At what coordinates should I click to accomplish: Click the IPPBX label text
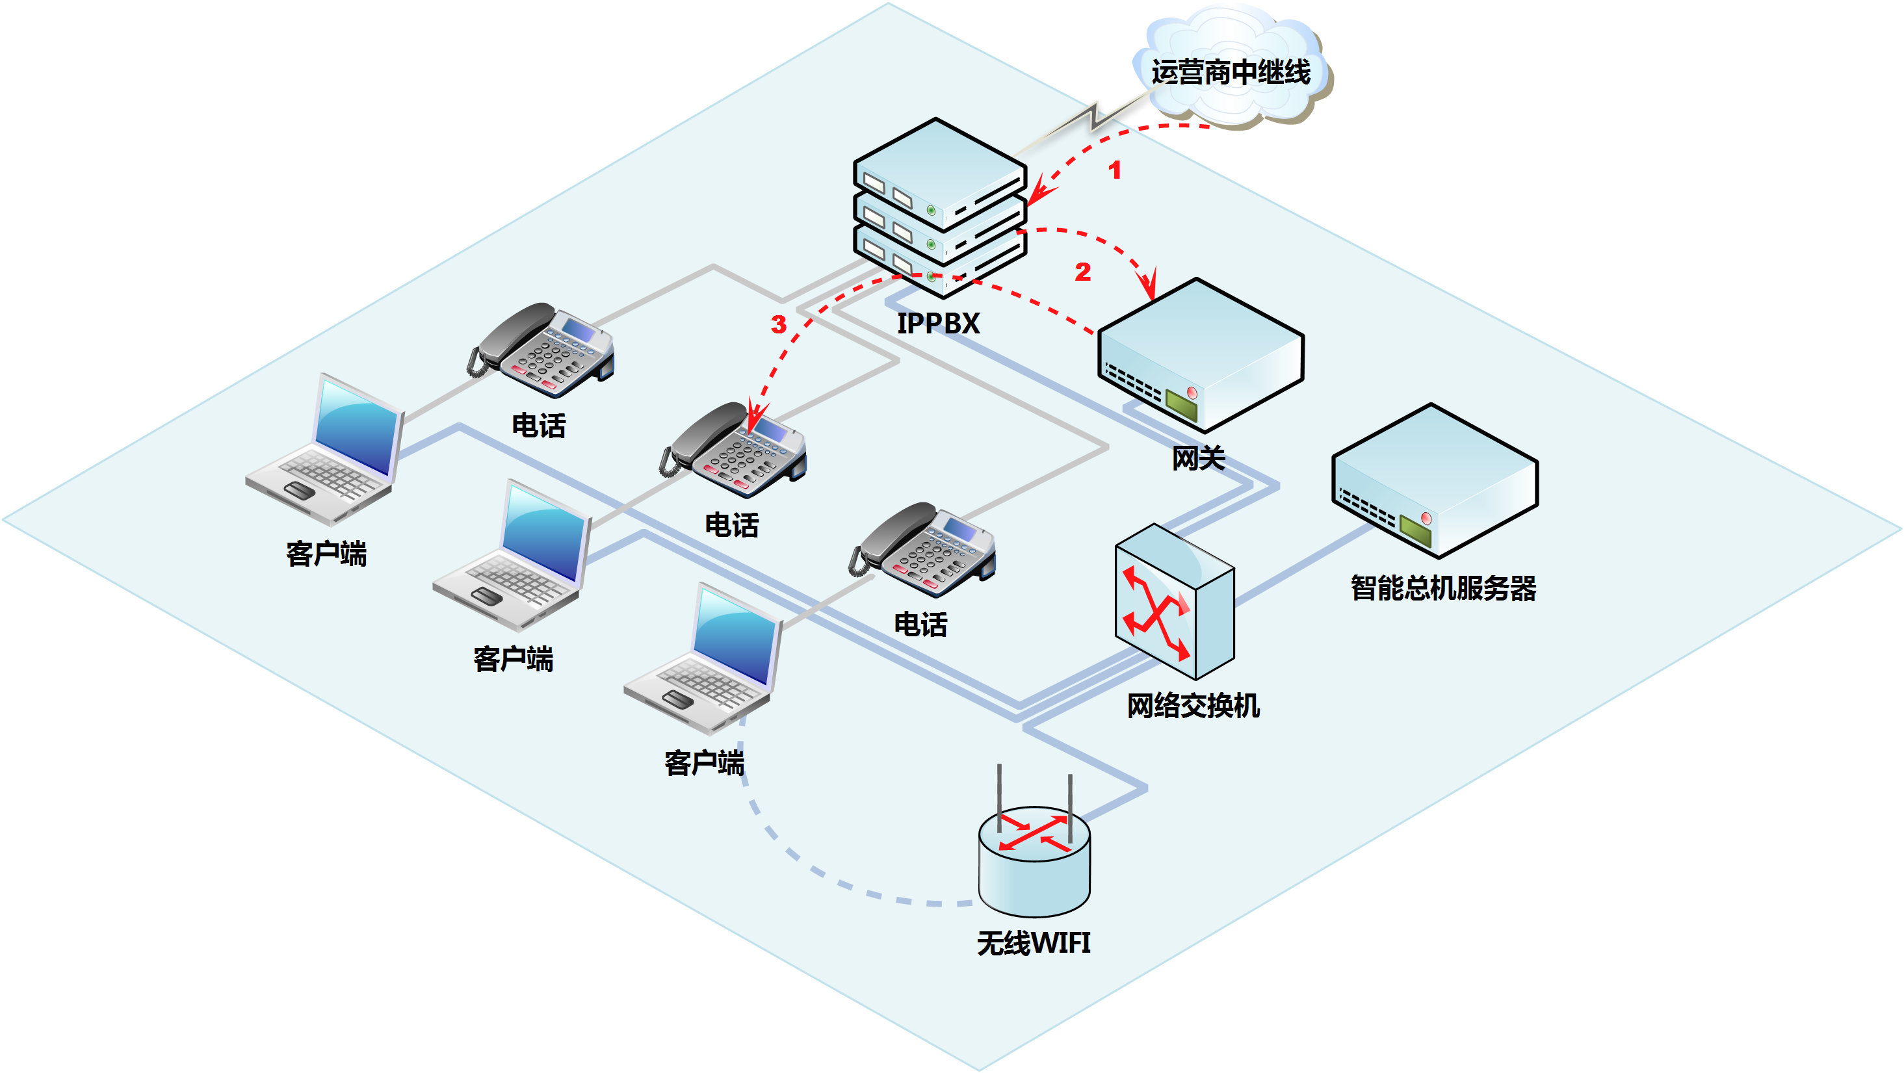(x=938, y=324)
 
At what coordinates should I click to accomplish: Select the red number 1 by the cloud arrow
(x=1115, y=171)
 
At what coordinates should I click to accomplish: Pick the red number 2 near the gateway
(x=1083, y=272)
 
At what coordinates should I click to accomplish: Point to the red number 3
(x=778, y=324)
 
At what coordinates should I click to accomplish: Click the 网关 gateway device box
(x=1201, y=355)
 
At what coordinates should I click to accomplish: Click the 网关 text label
(x=1198, y=459)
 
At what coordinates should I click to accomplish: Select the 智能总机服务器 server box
(x=1435, y=480)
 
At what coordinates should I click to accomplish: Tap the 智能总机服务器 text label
(x=1442, y=589)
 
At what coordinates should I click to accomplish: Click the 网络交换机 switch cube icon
(x=1174, y=602)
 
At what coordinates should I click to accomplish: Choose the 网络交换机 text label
(x=1193, y=706)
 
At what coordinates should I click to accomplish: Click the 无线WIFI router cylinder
(x=1034, y=861)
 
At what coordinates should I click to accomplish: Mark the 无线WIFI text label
(x=1034, y=944)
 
